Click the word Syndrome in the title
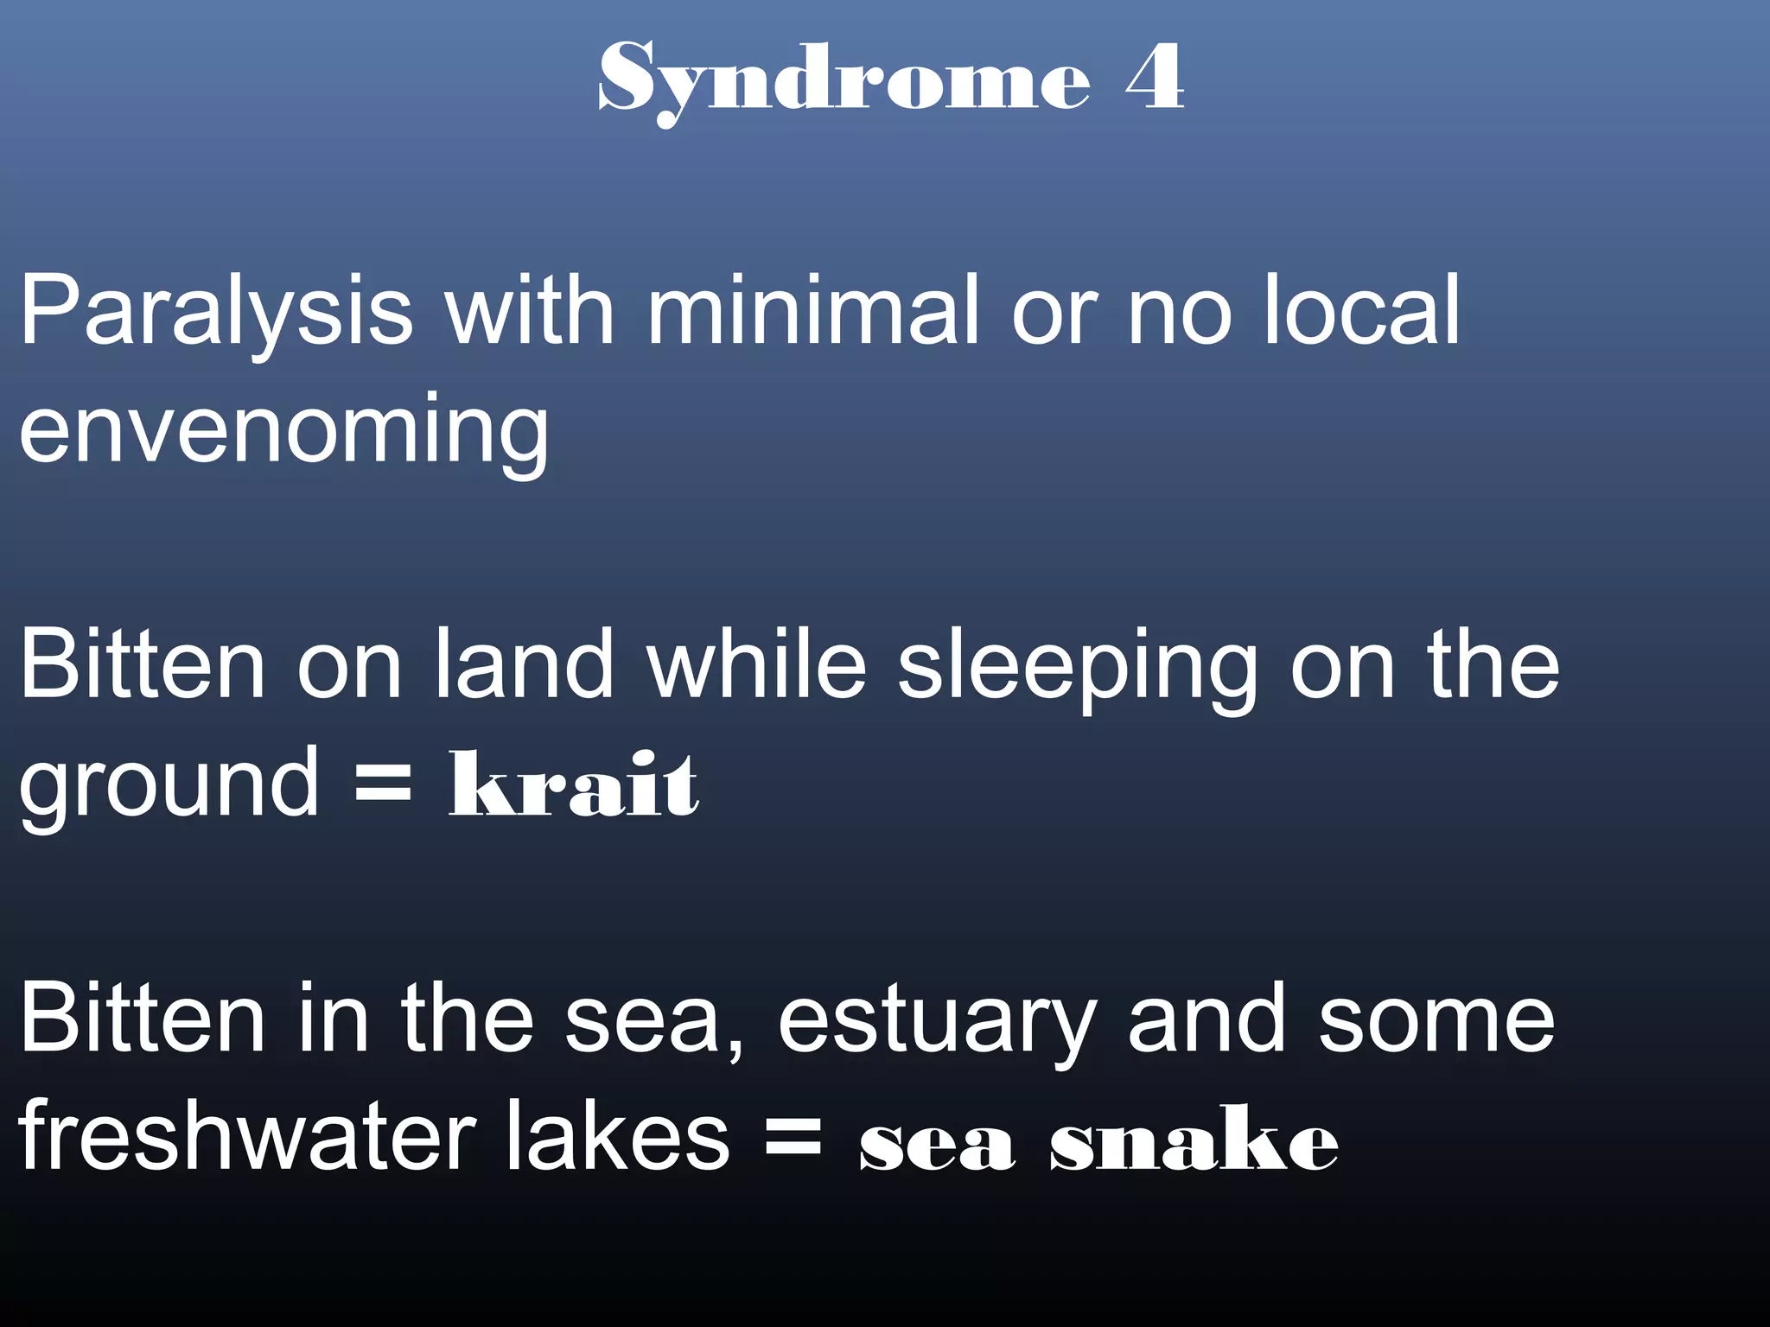click(x=844, y=79)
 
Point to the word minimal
click(x=812, y=309)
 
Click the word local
click(x=1361, y=309)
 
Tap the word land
click(x=523, y=663)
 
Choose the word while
click(x=756, y=663)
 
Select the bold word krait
click(x=574, y=784)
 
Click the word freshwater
click(x=247, y=1136)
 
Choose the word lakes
click(x=617, y=1136)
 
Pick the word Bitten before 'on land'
click(x=143, y=663)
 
